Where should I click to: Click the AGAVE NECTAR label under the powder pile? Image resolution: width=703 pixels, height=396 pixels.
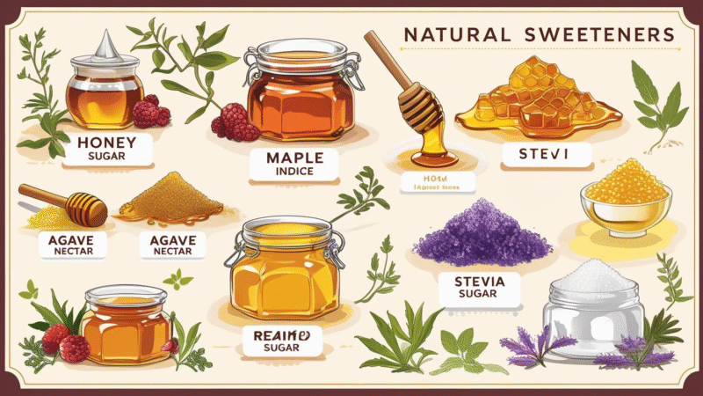pos(173,244)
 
